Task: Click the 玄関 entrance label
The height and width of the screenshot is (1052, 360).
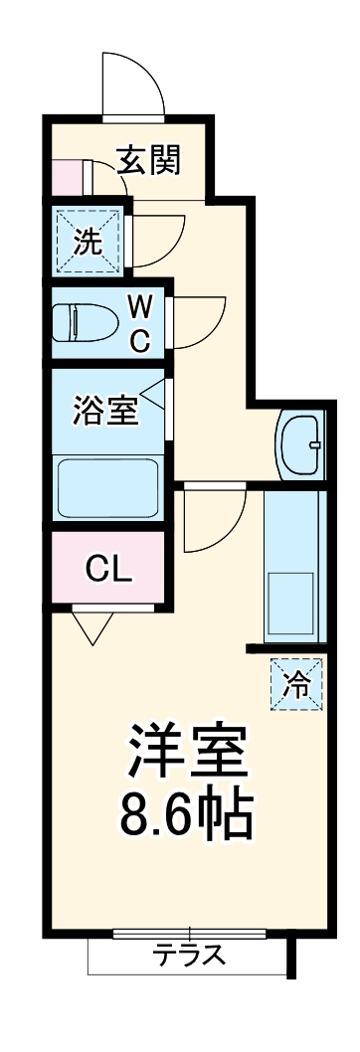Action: [149, 159]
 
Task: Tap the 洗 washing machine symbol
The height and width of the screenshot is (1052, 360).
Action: [89, 241]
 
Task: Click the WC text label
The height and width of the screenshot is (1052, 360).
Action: [140, 324]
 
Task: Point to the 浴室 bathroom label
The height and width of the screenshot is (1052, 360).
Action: [105, 410]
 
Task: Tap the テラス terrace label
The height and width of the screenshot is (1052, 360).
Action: [189, 957]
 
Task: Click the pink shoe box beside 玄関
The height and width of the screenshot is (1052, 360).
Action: [67, 178]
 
